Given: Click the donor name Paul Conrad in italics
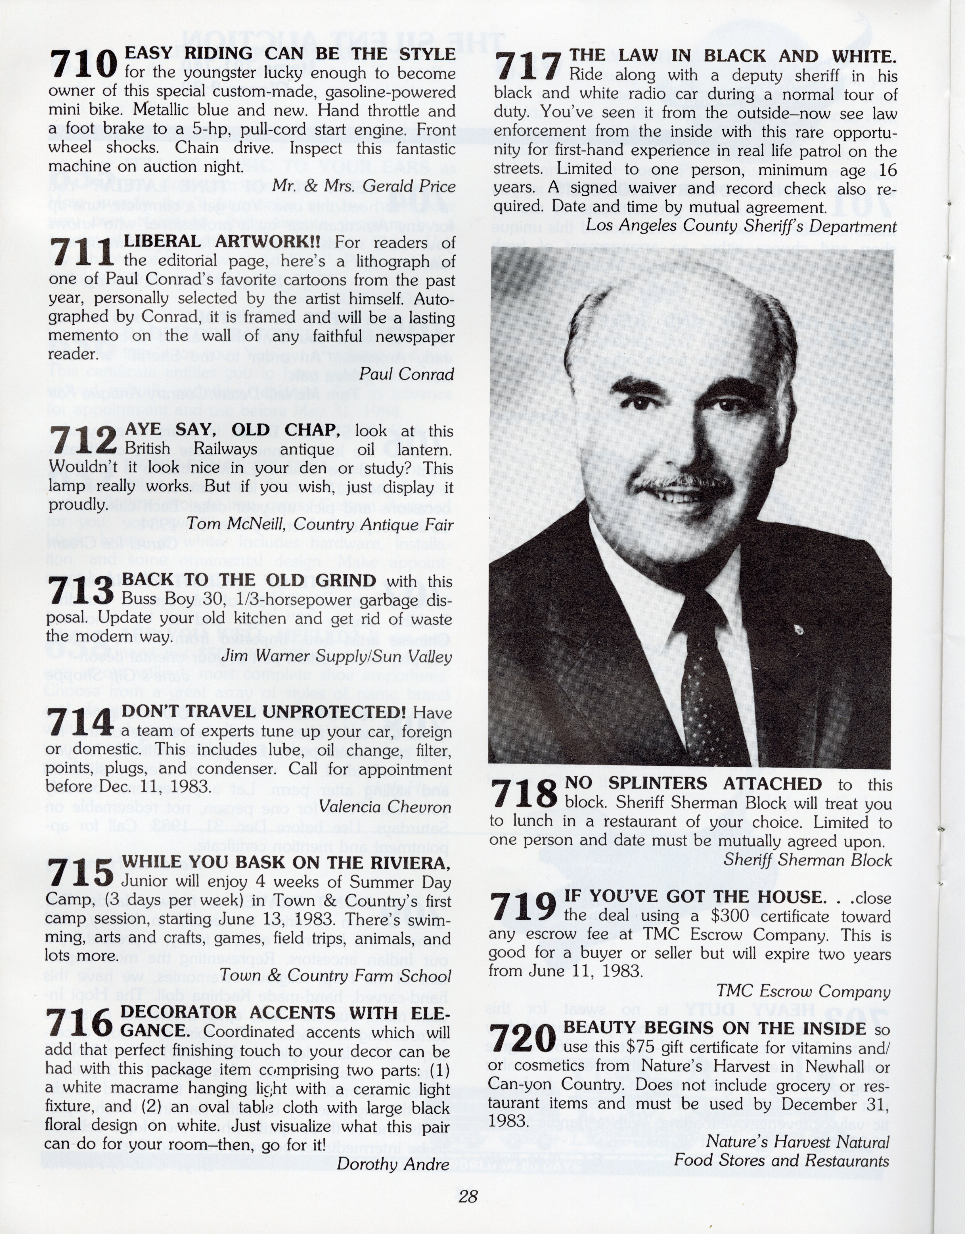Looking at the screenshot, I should click(407, 374).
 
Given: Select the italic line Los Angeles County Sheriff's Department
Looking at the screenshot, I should click(740, 226).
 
